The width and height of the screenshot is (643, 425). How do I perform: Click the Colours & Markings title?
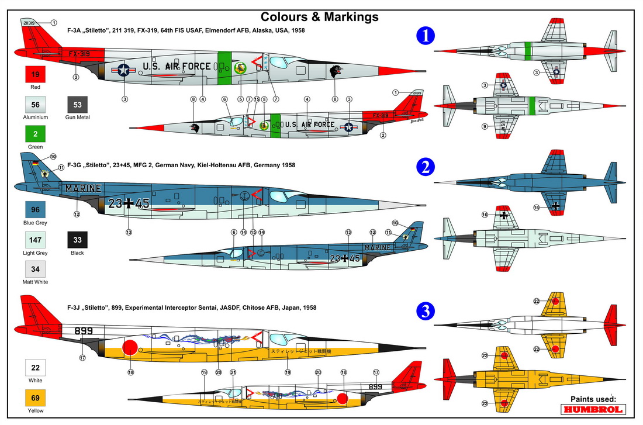(x=319, y=17)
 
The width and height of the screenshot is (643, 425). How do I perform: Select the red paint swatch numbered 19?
(x=36, y=75)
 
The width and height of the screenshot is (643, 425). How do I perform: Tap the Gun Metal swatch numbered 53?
(x=78, y=105)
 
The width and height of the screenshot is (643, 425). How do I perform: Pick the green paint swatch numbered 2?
(x=36, y=135)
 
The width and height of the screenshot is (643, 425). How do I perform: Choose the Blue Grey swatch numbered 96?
(x=36, y=210)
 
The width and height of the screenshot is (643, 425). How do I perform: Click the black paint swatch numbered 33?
(x=78, y=240)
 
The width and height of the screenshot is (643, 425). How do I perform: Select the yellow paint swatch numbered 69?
(x=36, y=399)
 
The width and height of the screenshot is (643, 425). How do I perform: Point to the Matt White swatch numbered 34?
(x=36, y=269)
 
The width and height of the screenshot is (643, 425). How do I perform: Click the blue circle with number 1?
(x=426, y=36)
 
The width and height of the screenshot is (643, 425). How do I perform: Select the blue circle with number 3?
(x=426, y=312)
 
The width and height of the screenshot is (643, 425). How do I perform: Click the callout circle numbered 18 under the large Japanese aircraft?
(x=130, y=371)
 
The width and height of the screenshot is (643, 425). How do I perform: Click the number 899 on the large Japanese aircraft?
(x=84, y=330)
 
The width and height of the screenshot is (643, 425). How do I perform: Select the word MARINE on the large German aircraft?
(x=83, y=188)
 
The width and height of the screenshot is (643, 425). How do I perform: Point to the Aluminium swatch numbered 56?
(x=36, y=105)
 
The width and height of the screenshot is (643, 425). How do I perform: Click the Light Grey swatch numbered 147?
(x=36, y=240)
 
